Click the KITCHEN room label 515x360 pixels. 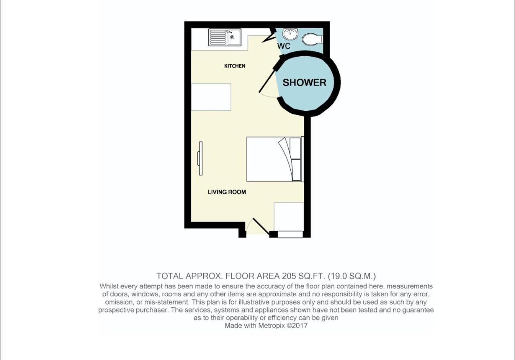point(235,66)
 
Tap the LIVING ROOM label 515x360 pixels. point(227,192)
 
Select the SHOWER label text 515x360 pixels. point(304,82)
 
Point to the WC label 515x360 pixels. point(284,46)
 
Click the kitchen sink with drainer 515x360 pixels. point(225,37)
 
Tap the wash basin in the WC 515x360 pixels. point(290,34)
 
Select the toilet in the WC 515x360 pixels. point(313,39)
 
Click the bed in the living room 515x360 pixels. point(275,159)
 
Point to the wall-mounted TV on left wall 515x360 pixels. point(200,158)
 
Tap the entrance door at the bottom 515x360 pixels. point(261,227)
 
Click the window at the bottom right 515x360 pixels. point(290,234)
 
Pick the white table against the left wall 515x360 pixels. point(211,97)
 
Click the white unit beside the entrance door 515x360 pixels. point(289,217)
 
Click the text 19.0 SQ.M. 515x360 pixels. point(352,276)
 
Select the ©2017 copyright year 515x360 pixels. point(297,326)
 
